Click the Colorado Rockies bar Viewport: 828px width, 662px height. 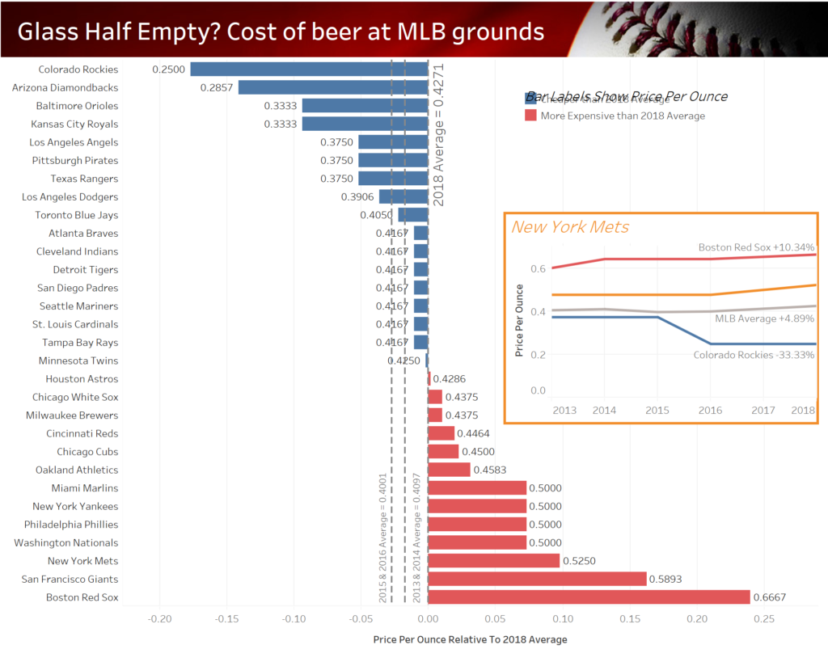309,70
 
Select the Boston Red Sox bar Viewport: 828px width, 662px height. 589,597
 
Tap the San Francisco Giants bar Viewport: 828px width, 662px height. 537,579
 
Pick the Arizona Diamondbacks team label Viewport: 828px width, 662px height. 65,87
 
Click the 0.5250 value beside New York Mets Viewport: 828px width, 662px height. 580,561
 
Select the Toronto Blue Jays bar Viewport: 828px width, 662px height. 412,215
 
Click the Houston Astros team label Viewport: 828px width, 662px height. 82,379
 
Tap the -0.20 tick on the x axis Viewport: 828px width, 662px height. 159,619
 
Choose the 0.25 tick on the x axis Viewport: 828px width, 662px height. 763,619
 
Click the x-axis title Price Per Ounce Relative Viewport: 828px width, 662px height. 470,639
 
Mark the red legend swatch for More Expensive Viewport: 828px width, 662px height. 530,116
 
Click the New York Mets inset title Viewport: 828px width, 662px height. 570,227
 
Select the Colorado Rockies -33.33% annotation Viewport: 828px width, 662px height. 753,355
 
